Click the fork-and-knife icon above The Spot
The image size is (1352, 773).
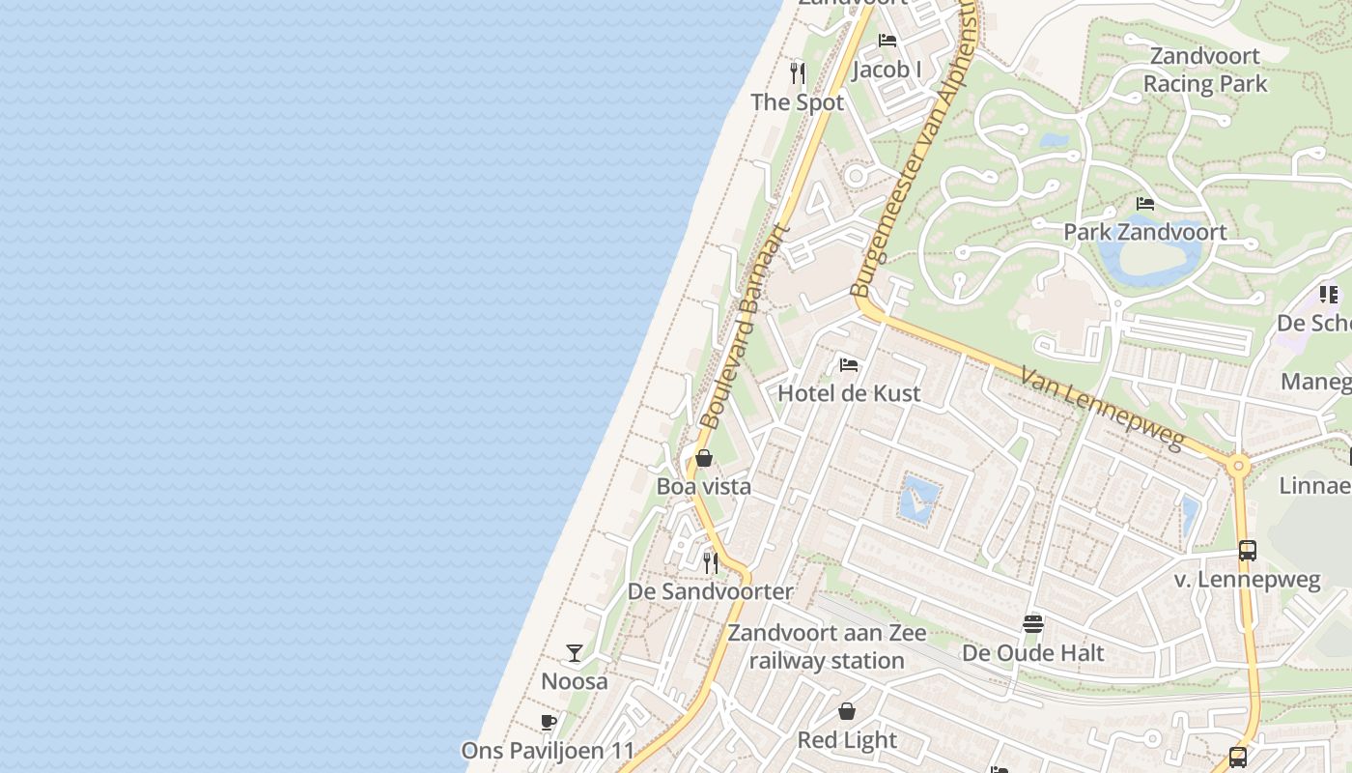coord(798,72)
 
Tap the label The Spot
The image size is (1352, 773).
coord(798,102)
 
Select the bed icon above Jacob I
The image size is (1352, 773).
coord(887,41)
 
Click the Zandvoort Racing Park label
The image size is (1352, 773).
coord(1205,70)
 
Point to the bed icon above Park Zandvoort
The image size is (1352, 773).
coord(1145,204)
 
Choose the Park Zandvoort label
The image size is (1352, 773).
coord(1145,232)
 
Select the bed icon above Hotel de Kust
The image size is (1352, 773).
coord(849,365)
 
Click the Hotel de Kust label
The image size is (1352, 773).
coord(849,393)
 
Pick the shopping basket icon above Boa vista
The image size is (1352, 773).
coord(704,458)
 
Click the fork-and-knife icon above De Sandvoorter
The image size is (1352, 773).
coord(711,562)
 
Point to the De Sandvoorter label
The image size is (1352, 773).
coord(711,591)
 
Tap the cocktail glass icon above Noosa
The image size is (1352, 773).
coord(575,653)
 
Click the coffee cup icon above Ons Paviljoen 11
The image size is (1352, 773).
coord(549,723)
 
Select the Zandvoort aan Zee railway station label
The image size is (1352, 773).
coord(827,647)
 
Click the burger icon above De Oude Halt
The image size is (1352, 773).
coord(1033,624)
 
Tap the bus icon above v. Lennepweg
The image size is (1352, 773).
coord(1248,551)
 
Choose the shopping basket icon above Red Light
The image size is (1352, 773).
coord(847,712)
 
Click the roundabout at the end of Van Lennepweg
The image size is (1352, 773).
coord(1239,467)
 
